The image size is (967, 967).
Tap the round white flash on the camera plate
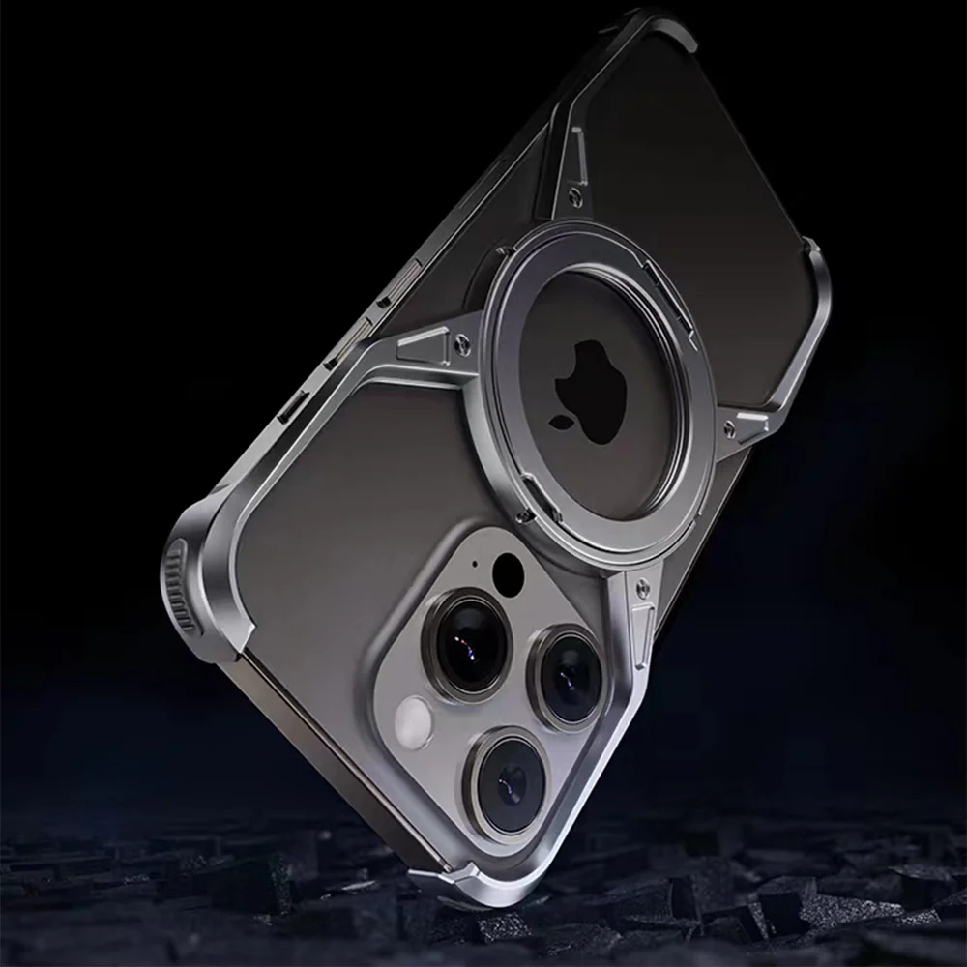[415, 722]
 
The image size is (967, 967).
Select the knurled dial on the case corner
[179, 585]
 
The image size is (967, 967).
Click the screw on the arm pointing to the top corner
[576, 197]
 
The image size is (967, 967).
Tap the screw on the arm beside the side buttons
[462, 341]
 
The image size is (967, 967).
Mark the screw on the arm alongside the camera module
[640, 586]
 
